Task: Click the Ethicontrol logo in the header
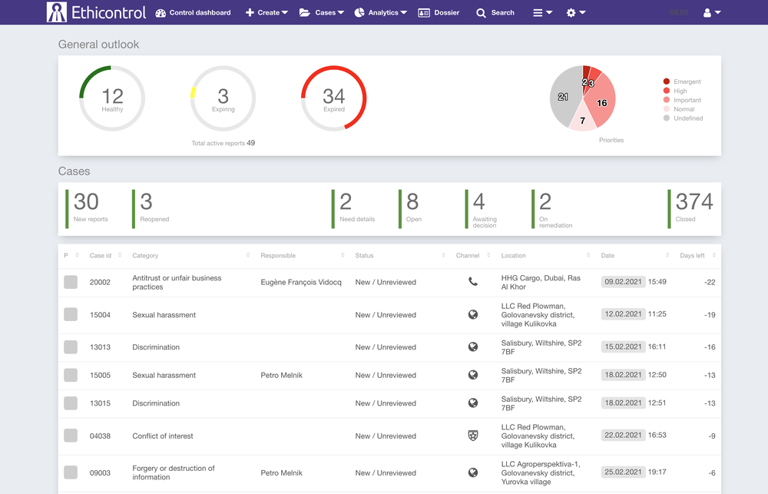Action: (96, 12)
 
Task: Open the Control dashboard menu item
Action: (193, 12)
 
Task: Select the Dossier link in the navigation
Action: (439, 12)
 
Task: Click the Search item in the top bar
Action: (495, 12)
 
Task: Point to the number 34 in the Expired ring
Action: (333, 96)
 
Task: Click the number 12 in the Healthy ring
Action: (112, 96)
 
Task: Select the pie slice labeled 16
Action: (601, 103)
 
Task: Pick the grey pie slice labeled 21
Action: (564, 97)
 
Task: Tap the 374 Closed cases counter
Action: (694, 202)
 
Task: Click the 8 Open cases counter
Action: (413, 202)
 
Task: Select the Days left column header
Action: (692, 256)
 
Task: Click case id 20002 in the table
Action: (100, 282)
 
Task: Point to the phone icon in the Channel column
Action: (473, 282)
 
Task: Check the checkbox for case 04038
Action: (71, 436)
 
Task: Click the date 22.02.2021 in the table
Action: (624, 436)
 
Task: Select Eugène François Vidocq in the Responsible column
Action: (301, 282)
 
